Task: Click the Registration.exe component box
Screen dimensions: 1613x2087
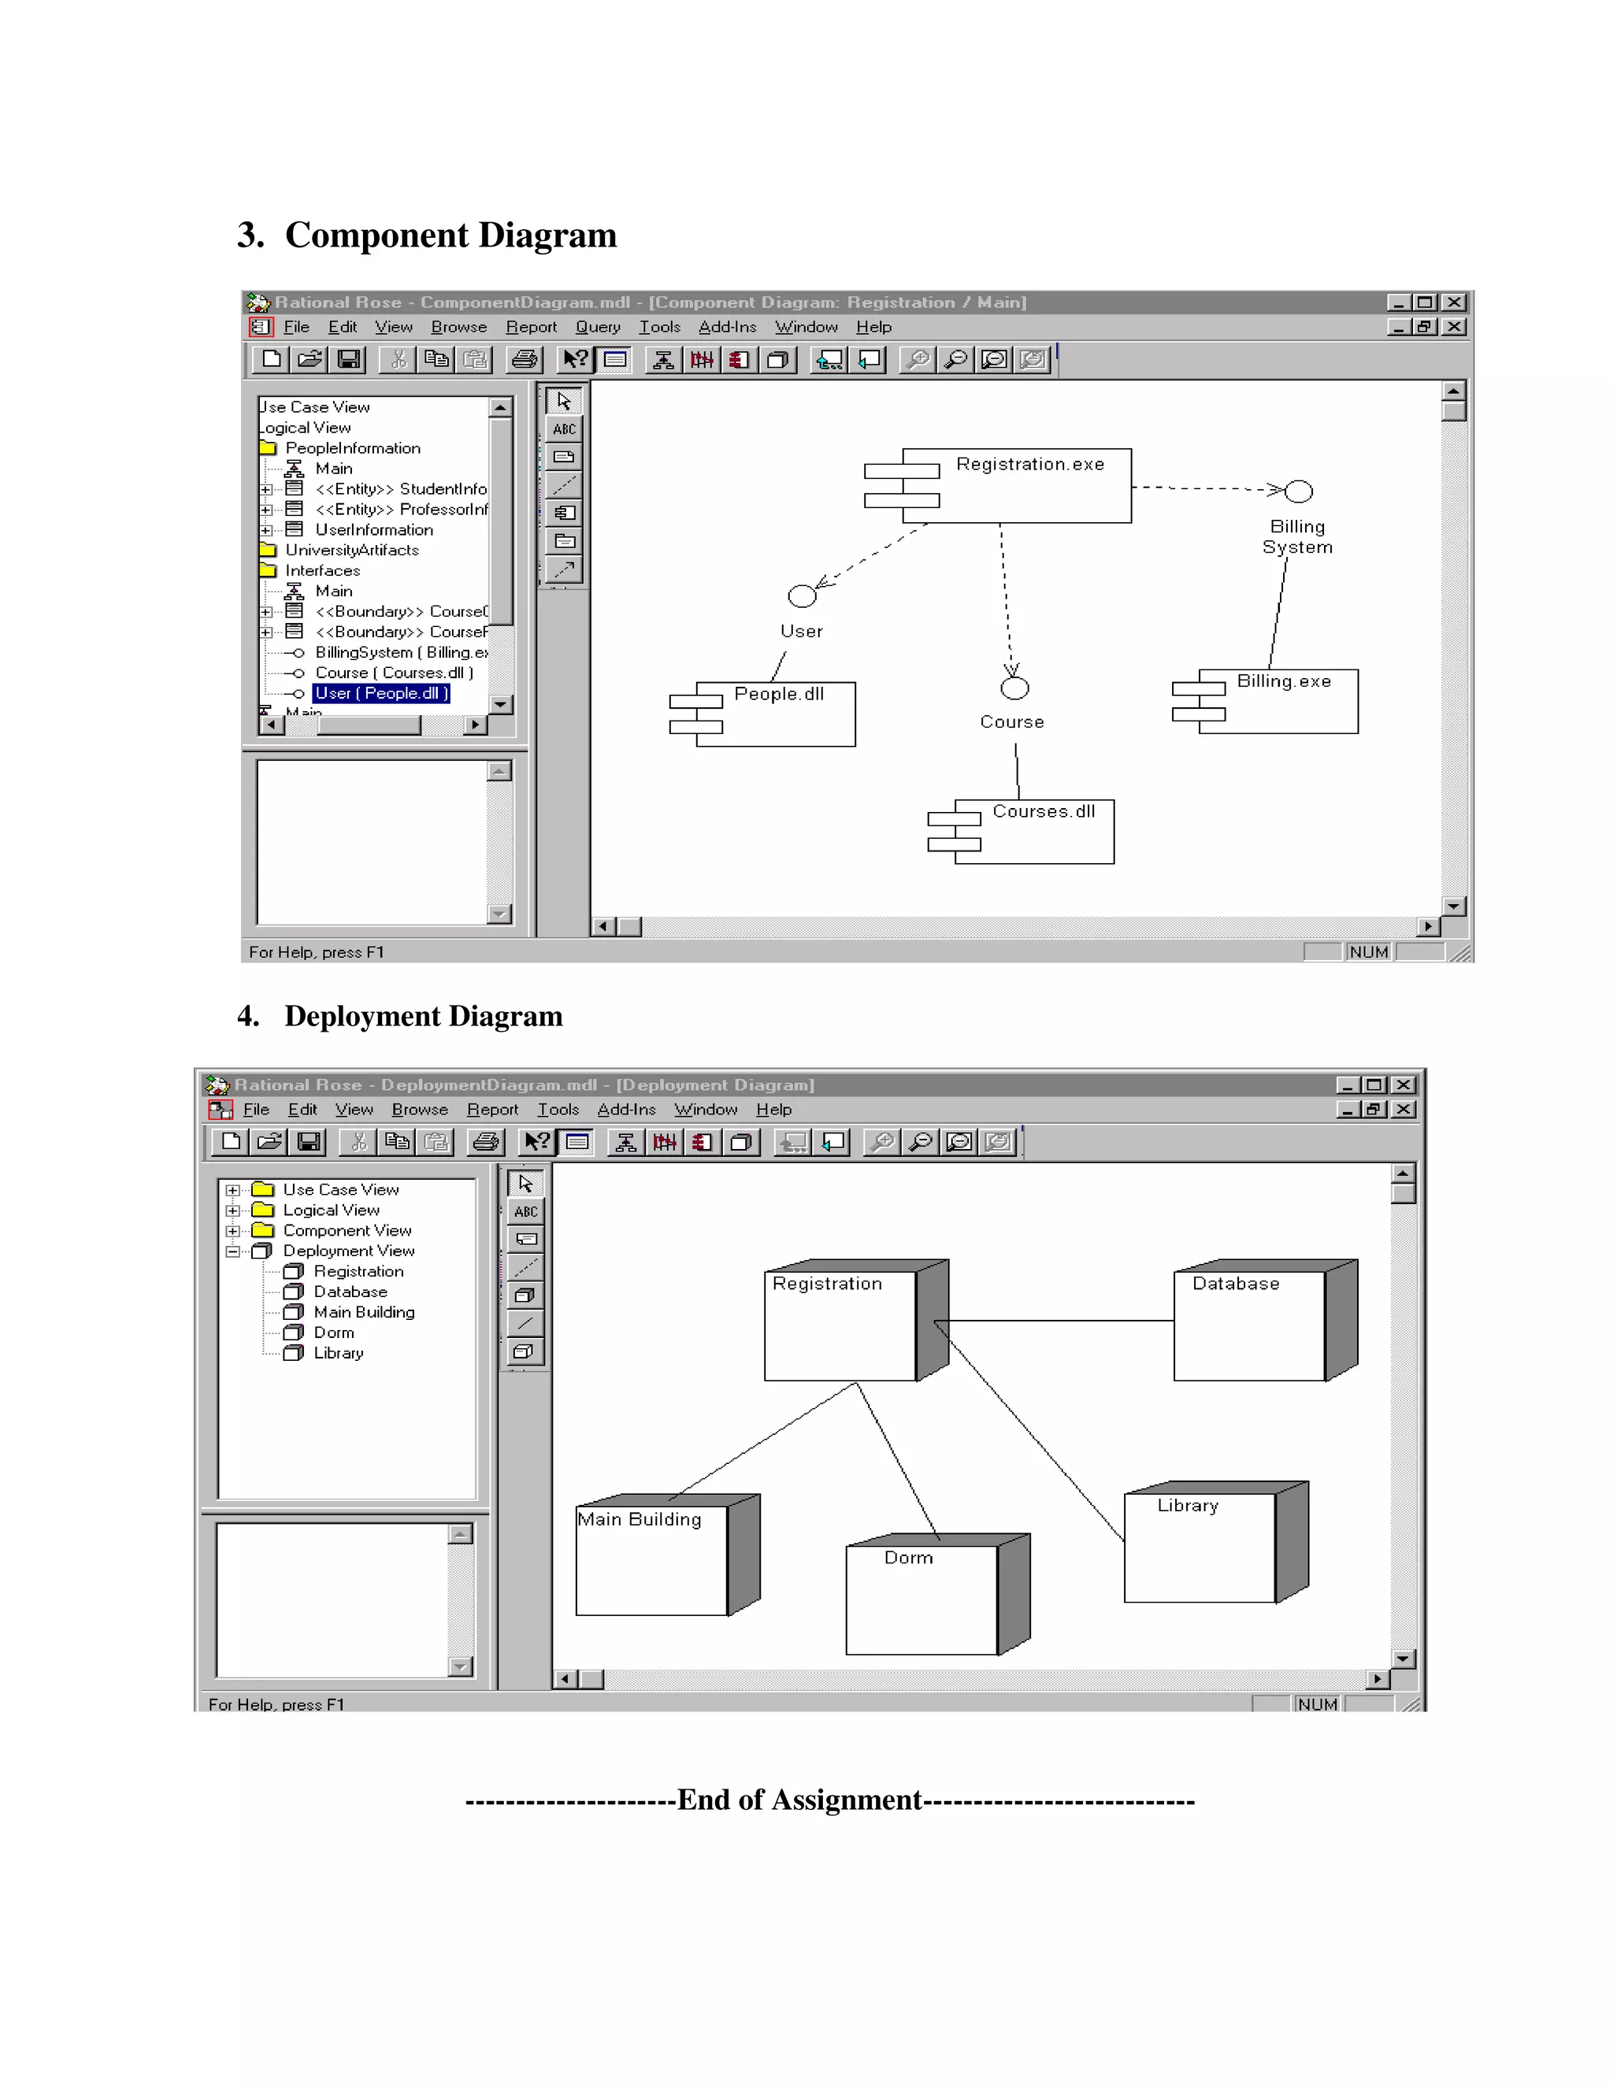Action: (1016, 485)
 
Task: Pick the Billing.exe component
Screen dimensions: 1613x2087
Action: (1277, 702)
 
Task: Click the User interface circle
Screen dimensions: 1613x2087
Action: (802, 596)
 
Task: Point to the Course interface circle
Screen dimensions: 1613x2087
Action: (1014, 688)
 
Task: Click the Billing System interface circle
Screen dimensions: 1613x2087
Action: (1298, 491)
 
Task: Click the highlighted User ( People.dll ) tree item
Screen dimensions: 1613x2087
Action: (380, 694)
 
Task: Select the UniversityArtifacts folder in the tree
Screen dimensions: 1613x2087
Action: (350, 550)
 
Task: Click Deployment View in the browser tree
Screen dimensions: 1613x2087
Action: (348, 1251)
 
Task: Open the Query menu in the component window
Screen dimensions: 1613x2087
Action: (597, 327)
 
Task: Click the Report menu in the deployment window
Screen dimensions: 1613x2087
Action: (492, 1110)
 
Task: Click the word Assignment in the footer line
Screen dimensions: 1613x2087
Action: (846, 1800)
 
